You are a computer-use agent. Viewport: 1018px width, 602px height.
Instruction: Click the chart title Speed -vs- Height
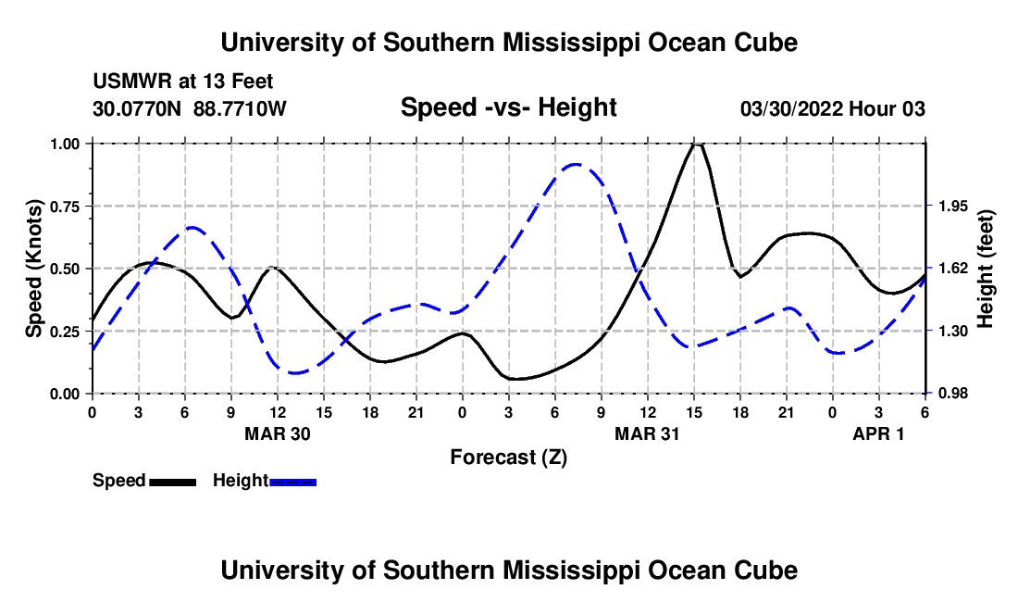coord(508,108)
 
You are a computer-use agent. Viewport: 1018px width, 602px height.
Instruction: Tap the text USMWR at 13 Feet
coord(183,82)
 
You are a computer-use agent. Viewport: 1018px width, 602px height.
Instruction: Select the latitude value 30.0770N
coord(138,108)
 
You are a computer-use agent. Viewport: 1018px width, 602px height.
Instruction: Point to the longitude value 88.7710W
coord(240,108)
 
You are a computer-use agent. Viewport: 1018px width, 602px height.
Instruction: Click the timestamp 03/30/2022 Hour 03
coord(833,108)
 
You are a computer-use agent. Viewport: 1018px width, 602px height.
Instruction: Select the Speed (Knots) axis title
coord(34,269)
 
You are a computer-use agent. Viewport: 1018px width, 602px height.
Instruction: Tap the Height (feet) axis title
coord(985,269)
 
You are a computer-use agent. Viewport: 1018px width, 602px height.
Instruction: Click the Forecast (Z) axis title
coord(508,457)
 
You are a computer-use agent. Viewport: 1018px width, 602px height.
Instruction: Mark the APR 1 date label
coord(878,433)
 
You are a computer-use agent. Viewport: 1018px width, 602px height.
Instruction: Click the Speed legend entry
coord(143,481)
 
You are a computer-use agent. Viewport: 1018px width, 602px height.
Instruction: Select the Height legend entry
coord(265,481)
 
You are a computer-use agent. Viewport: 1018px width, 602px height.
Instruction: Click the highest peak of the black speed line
coord(697,144)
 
